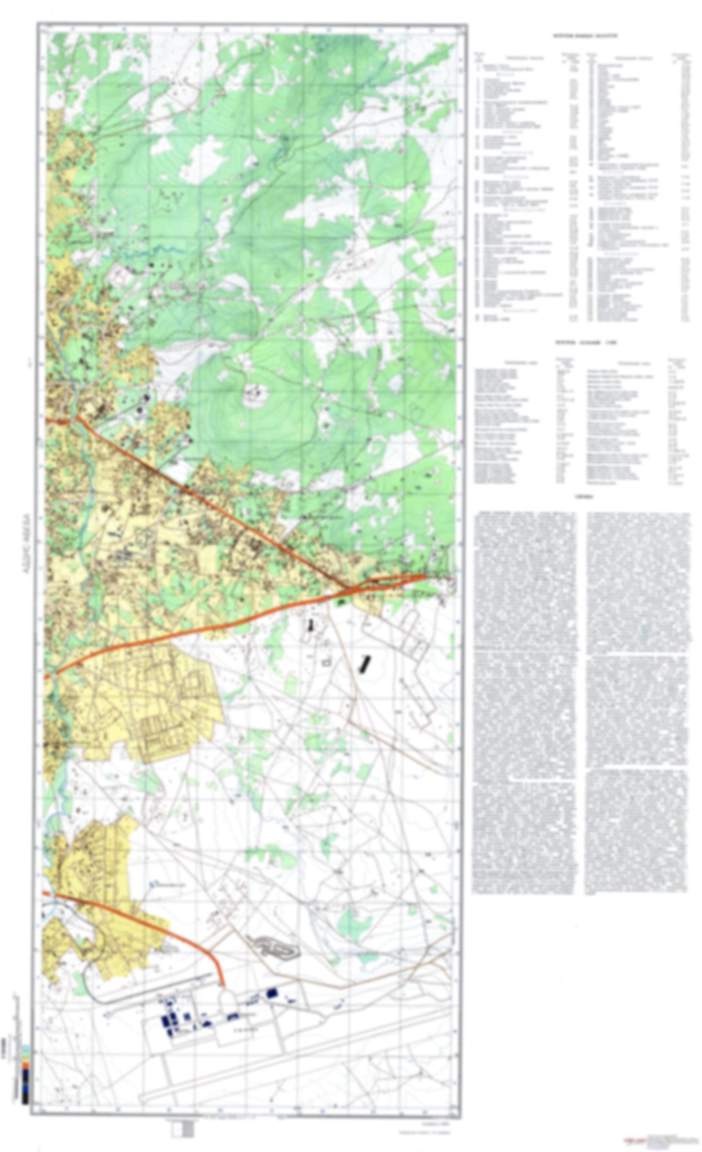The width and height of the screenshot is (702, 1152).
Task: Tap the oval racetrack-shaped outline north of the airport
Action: coord(275,946)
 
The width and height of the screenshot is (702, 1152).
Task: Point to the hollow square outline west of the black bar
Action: coord(326,661)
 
